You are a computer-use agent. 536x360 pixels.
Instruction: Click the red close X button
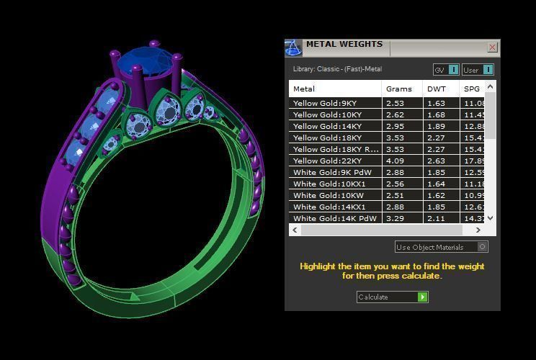click(x=492, y=48)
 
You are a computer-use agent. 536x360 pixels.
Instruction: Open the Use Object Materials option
click(x=441, y=247)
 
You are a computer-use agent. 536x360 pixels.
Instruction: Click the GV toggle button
click(x=446, y=70)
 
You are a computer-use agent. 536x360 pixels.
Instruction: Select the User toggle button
click(x=478, y=70)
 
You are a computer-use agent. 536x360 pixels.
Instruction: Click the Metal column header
click(x=304, y=89)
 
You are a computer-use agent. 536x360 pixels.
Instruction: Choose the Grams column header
click(x=399, y=89)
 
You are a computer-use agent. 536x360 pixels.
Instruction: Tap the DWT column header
click(x=437, y=89)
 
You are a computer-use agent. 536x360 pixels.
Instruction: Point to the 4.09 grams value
click(x=394, y=161)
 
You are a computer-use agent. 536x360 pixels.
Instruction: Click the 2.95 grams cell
click(x=394, y=127)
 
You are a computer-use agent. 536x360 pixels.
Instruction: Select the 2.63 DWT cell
click(x=436, y=161)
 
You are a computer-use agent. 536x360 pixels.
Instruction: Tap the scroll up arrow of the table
click(x=491, y=87)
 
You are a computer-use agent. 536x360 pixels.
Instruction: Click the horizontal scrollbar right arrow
click(x=478, y=230)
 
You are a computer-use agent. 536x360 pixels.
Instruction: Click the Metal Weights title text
click(x=344, y=45)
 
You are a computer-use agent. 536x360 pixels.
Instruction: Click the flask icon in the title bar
click(x=293, y=48)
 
